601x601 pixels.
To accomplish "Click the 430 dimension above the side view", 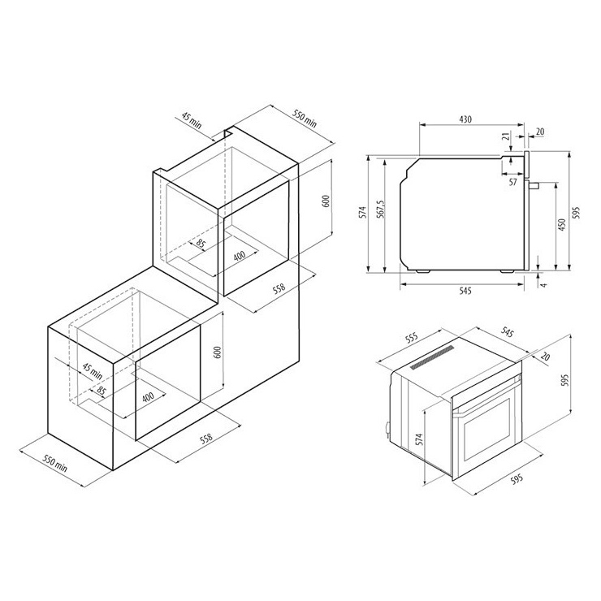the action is pos(465,119).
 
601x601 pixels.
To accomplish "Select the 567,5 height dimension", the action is pos(379,210).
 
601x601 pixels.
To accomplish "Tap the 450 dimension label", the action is pos(561,224).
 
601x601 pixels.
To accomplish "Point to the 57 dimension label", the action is pos(512,182).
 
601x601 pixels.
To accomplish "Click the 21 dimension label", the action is pos(506,136).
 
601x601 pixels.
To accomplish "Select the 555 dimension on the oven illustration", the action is pos(411,339).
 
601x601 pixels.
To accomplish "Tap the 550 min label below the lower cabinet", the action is pos(54,463).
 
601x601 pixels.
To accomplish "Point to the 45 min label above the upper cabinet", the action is pos(191,120).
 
